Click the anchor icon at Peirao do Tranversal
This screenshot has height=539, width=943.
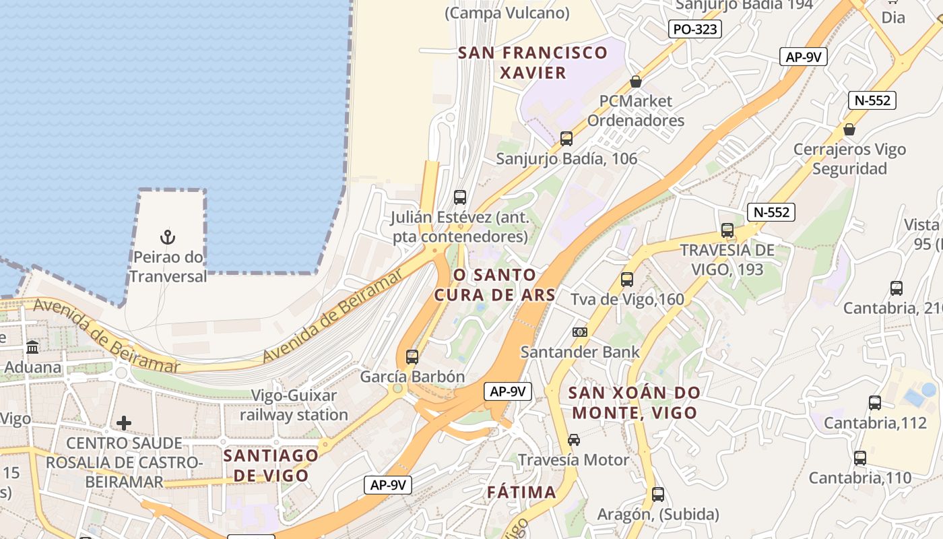[168, 237]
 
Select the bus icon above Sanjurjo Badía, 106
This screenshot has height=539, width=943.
[566, 139]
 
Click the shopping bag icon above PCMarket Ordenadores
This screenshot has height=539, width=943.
[635, 82]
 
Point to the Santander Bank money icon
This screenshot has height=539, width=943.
[579, 332]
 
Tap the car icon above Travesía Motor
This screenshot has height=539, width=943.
[574, 440]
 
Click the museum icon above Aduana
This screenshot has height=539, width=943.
[32, 348]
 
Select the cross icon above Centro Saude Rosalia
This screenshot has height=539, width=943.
[124, 423]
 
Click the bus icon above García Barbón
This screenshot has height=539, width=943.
[412, 357]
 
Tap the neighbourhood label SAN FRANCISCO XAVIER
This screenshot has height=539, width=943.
[533, 63]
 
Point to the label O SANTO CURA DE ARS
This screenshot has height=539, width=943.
[495, 284]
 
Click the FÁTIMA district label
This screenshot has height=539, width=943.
[522, 493]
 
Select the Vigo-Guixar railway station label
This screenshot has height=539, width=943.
[294, 405]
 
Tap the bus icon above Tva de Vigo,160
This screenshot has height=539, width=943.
[627, 279]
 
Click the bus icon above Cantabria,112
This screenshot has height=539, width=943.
[875, 403]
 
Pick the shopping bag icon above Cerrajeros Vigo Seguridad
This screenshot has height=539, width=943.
[849, 129]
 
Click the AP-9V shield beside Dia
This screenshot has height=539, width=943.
[803, 57]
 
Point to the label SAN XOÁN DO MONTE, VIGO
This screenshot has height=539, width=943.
[634, 402]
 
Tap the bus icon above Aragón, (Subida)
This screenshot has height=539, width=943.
[658, 495]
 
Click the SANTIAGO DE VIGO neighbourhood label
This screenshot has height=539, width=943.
[271, 465]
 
